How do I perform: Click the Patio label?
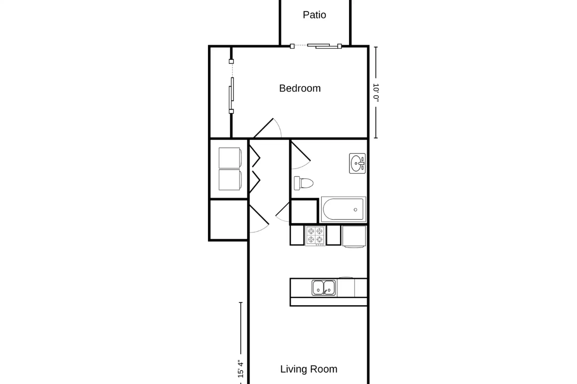(x=314, y=15)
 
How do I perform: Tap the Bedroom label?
(x=300, y=88)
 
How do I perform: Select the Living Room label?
(x=309, y=369)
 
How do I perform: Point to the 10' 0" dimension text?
(x=376, y=93)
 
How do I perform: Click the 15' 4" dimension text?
(x=241, y=369)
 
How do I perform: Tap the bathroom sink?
(x=357, y=163)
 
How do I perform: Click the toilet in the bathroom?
(x=303, y=183)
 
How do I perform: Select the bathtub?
(x=343, y=209)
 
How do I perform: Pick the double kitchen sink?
(x=323, y=288)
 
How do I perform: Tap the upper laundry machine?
(x=230, y=158)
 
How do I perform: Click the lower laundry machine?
(x=230, y=180)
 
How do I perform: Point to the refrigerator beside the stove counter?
(x=354, y=237)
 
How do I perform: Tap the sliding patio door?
(x=316, y=46)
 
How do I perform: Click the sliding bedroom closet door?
(x=231, y=87)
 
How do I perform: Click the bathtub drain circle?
(x=355, y=210)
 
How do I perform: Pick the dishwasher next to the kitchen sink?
(x=346, y=287)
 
